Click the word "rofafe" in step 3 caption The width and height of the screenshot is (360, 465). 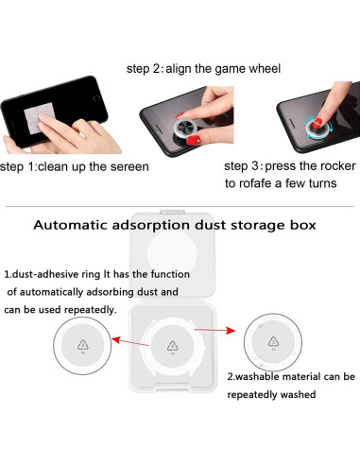point(267,185)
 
